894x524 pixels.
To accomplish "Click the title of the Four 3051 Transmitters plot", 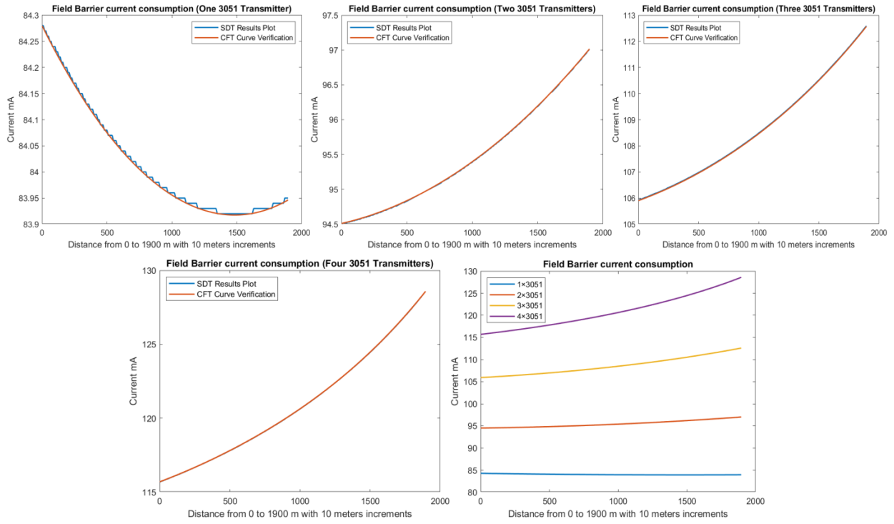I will tap(299, 264).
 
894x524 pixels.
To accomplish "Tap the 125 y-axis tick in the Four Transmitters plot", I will tap(148, 345).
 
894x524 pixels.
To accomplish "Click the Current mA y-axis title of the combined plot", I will tap(455, 382).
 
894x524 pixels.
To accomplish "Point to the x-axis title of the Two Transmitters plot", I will tap(472, 244).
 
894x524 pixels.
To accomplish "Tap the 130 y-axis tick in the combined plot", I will tap(468, 271).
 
